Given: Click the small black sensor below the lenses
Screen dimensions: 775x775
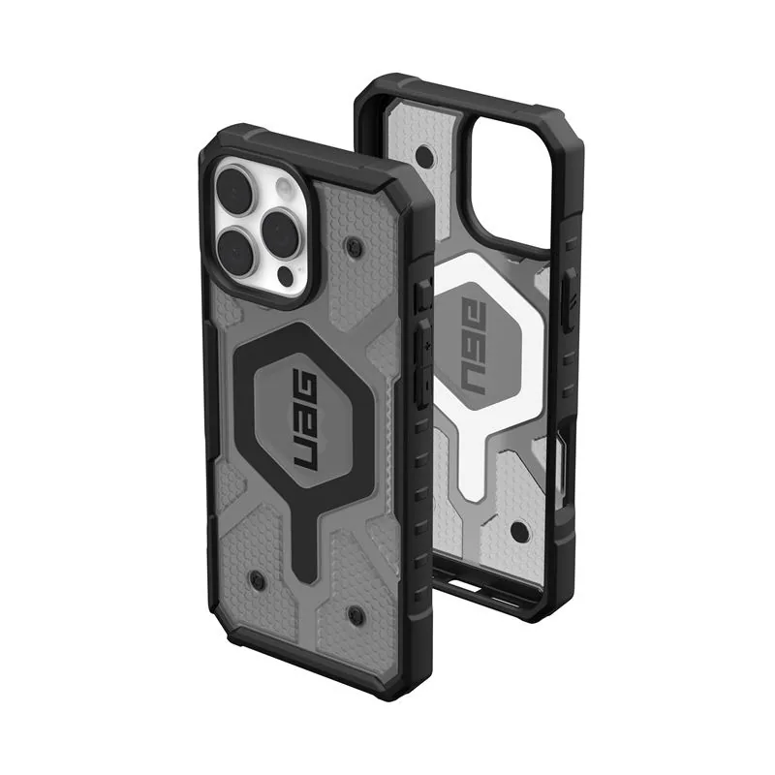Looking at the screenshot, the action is point(286,276).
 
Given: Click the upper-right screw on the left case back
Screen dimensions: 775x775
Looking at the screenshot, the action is point(354,243).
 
